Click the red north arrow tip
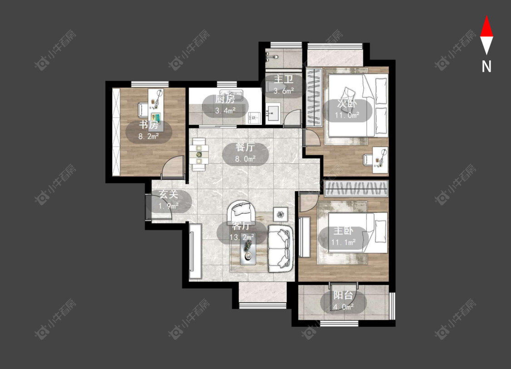(486, 16)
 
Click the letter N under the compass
(486, 67)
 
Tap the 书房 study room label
(149, 124)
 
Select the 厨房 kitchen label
(225, 99)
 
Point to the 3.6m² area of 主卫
(283, 91)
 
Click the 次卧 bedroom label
(347, 103)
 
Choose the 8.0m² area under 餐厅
(245, 159)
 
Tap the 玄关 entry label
(168, 194)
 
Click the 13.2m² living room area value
(242, 237)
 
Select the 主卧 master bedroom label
(343, 231)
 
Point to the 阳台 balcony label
(343, 295)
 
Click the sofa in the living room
(280, 249)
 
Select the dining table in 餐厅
(199, 154)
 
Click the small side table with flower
(280, 214)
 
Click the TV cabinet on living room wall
(195, 251)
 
